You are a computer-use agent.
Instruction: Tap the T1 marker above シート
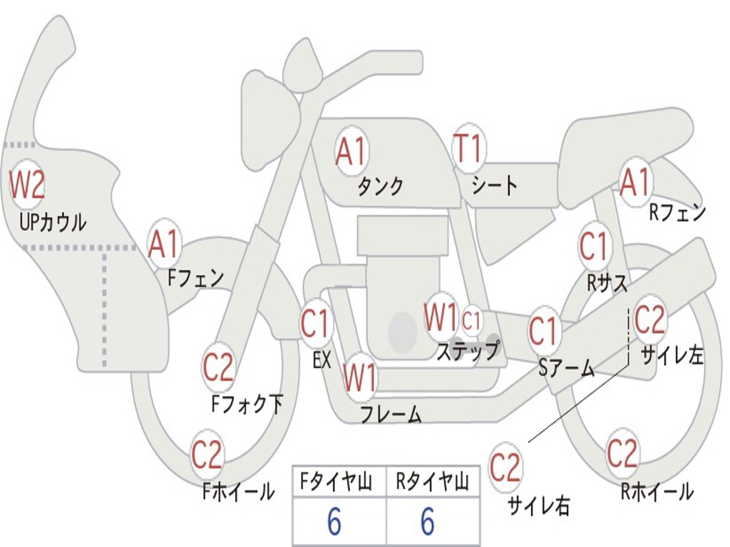(x=468, y=150)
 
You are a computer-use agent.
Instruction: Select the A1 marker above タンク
(x=351, y=151)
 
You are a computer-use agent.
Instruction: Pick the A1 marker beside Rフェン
(x=634, y=182)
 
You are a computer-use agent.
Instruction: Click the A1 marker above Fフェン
(x=165, y=244)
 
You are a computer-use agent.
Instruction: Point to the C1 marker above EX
(x=316, y=324)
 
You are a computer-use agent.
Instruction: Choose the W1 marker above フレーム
(x=359, y=377)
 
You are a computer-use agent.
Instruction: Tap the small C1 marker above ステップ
(x=472, y=321)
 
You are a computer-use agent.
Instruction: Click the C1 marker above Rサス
(x=594, y=246)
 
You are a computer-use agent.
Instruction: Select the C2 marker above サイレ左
(x=649, y=320)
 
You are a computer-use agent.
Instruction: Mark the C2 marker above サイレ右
(x=505, y=468)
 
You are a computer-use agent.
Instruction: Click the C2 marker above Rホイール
(x=622, y=453)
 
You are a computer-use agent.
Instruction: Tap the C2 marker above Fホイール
(x=207, y=455)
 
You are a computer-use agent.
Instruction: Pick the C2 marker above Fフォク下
(x=218, y=368)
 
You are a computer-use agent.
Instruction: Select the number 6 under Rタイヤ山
(x=428, y=523)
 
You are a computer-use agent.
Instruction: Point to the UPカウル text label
(x=53, y=222)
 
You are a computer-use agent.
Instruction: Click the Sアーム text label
(x=566, y=368)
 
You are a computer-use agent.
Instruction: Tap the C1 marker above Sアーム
(x=543, y=331)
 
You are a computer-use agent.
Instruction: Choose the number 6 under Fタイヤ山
(x=334, y=523)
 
